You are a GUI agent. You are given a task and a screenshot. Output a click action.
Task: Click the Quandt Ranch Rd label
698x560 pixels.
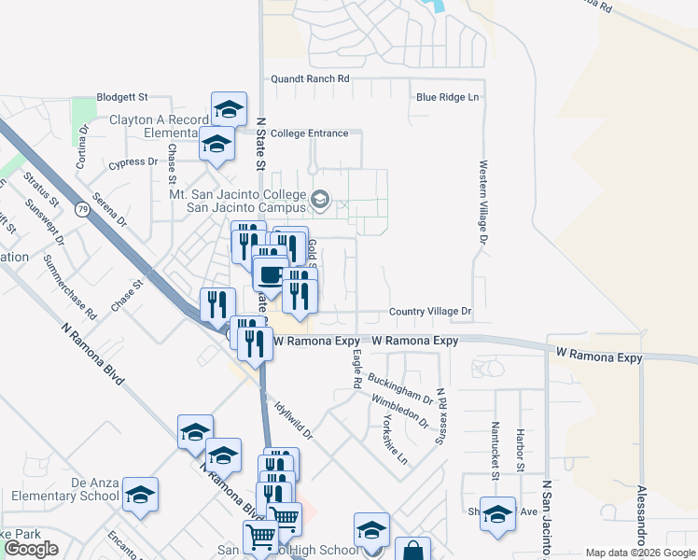(310, 80)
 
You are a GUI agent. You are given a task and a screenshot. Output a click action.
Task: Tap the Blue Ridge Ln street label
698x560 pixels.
(447, 97)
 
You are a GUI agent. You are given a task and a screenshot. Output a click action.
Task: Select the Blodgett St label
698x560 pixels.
(122, 97)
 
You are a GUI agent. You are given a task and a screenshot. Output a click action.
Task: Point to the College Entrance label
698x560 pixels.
(309, 133)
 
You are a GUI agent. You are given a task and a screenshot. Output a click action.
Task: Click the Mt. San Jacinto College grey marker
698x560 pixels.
(320, 199)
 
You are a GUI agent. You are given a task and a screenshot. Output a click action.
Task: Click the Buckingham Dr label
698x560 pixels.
(400, 387)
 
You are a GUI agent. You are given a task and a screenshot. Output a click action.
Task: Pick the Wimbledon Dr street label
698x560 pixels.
(399, 411)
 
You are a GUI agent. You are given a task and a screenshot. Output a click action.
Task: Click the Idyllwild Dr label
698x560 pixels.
(294, 420)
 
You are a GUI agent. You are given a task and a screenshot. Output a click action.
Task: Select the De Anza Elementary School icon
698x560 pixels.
(140, 495)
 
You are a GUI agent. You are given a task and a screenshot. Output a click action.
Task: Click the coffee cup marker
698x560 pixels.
(271, 274)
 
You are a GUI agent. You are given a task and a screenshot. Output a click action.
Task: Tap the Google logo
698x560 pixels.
(31, 549)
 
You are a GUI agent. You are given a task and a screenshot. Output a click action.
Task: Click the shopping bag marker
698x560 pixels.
(412, 552)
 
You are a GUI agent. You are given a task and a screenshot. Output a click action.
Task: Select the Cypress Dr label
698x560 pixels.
(133, 162)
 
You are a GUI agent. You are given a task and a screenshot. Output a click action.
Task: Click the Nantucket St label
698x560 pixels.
(496, 450)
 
